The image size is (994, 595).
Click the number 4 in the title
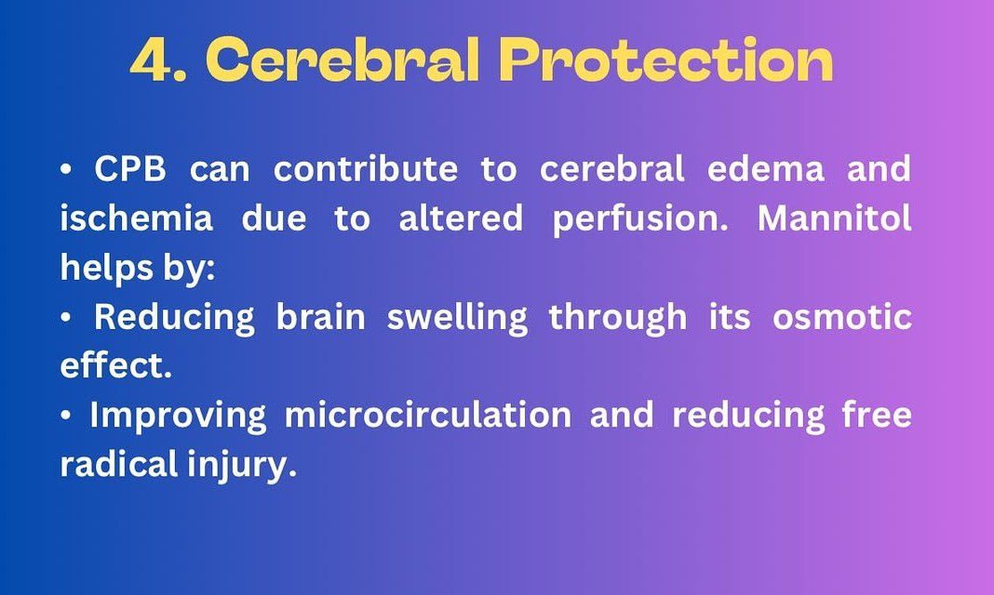152,60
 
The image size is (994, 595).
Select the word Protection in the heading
665,59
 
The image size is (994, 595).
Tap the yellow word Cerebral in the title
343,59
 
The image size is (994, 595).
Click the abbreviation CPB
130,169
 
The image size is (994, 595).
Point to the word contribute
365,169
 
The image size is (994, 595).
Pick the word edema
765,169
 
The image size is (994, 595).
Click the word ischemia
136,218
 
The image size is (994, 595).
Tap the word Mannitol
834,218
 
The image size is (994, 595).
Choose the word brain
321,316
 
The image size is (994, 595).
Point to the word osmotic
842,317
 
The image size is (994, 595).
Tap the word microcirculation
428,416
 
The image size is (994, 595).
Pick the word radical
119,465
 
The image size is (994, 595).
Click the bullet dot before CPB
66,170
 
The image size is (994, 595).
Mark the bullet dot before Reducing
66,318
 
